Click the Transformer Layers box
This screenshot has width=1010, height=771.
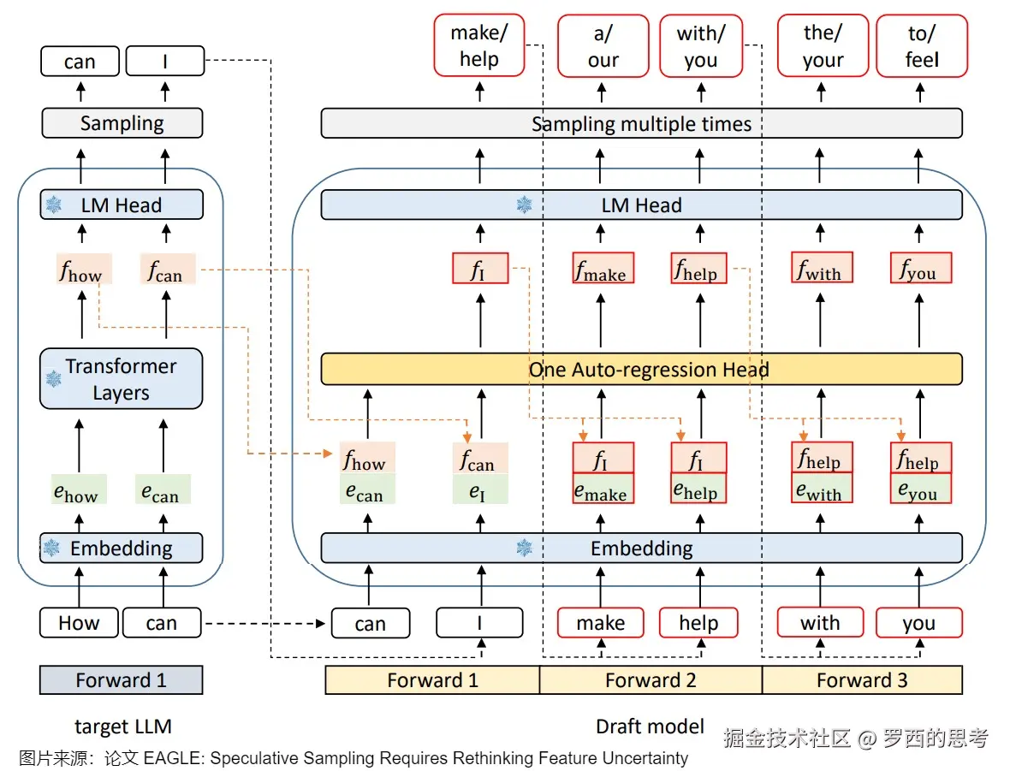coord(121,379)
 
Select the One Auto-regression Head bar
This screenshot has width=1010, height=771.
coord(641,370)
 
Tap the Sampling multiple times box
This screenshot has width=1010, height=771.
coord(641,124)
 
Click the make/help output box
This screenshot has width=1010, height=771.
coord(478,46)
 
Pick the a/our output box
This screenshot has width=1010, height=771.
coord(603,46)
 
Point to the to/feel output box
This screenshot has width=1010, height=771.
coord(922,46)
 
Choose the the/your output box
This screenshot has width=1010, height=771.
coord(823,46)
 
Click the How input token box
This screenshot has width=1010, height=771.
coord(79,623)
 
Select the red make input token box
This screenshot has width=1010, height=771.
coord(600,623)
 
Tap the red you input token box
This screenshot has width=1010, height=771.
coord(918,623)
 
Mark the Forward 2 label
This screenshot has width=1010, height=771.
coord(651,680)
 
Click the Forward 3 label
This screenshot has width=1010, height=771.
coord(862,680)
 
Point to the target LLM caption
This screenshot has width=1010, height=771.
coord(123,727)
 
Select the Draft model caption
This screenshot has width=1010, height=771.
coord(650,727)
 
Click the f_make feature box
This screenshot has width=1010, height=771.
coord(603,269)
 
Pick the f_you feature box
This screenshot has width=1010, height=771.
coord(921,269)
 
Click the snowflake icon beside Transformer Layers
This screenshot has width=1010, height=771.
coord(53,378)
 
